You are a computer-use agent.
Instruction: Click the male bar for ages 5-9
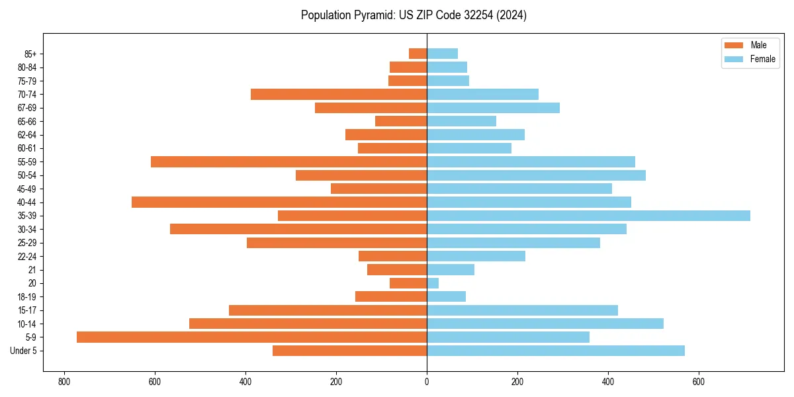(x=251, y=337)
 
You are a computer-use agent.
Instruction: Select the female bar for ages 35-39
(x=588, y=216)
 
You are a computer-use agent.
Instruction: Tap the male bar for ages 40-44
(x=279, y=202)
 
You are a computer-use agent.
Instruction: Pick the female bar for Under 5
(x=556, y=351)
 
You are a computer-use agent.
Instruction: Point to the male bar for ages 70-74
(x=339, y=95)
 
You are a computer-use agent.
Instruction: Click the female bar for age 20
(x=433, y=283)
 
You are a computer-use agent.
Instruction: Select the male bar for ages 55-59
(x=288, y=162)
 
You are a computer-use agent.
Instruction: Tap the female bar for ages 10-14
(x=545, y=324)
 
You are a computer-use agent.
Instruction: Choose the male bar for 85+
(x=418, y=54)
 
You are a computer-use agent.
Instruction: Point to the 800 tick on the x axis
(x=64, y=382)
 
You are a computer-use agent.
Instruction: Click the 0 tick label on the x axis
(x=427, y=382)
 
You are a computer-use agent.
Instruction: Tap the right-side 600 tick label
(x=699, y=382)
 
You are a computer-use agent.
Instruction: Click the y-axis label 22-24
(x=27, y=257)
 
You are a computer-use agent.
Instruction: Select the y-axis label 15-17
(x=27, y=310)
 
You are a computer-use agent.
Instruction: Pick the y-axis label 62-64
(x=27, y=135)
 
